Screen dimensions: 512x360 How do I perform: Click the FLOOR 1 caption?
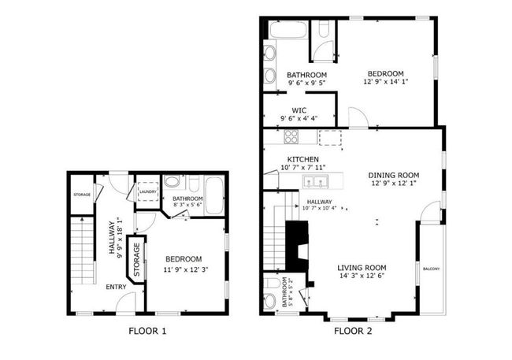click(x=147, y=332)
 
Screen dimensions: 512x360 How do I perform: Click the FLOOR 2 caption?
click(x=353, y=332)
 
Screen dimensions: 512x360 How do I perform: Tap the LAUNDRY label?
click(x=148, y=191)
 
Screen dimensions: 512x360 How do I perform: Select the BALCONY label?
click(x=432, y=269)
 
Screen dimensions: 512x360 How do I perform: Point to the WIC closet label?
click(x=299, y=110)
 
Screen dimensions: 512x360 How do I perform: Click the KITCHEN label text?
click(x=303, y=159)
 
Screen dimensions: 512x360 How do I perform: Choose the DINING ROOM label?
click(x=394, y=176)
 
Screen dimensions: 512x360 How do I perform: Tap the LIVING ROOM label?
click(x=362, y=268)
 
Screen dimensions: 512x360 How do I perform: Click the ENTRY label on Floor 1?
click(x=116, y=288)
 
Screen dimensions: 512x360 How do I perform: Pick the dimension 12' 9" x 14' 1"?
click(x=386, y=82)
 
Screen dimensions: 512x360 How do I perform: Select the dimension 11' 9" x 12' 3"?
click(x=186, y=270)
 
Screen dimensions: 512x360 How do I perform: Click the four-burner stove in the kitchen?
click(x=291, y=137)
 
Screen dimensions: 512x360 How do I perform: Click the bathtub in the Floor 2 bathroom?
click(x=288, y=30)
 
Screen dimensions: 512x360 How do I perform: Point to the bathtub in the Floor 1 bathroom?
click(x=214, y=195)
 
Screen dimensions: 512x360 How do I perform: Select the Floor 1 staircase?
click(x=83, y=251)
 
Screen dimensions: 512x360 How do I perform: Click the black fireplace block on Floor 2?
click(x=297, y=246)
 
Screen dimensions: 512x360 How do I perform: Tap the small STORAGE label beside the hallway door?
click(x=82, y=195)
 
